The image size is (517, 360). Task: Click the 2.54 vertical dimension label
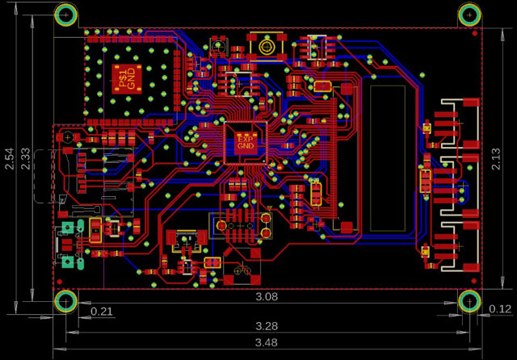point(9,159)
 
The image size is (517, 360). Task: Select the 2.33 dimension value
point(27,159)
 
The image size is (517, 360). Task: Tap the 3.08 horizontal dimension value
point(267,296)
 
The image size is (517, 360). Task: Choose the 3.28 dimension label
point(267,326)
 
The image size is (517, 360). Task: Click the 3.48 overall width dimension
point(267,343)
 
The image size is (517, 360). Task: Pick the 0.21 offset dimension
point(101,311)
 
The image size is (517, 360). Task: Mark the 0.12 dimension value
point(501,309)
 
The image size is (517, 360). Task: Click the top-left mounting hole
point(66,15)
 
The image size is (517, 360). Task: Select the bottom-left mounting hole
point(65,301)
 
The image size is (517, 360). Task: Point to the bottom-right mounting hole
point(469,301)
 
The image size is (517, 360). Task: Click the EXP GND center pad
point(245,144)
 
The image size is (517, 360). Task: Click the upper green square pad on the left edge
point(67,228)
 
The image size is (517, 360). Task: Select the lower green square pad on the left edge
point(67,262)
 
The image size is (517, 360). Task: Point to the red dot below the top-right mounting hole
point(469,33)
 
